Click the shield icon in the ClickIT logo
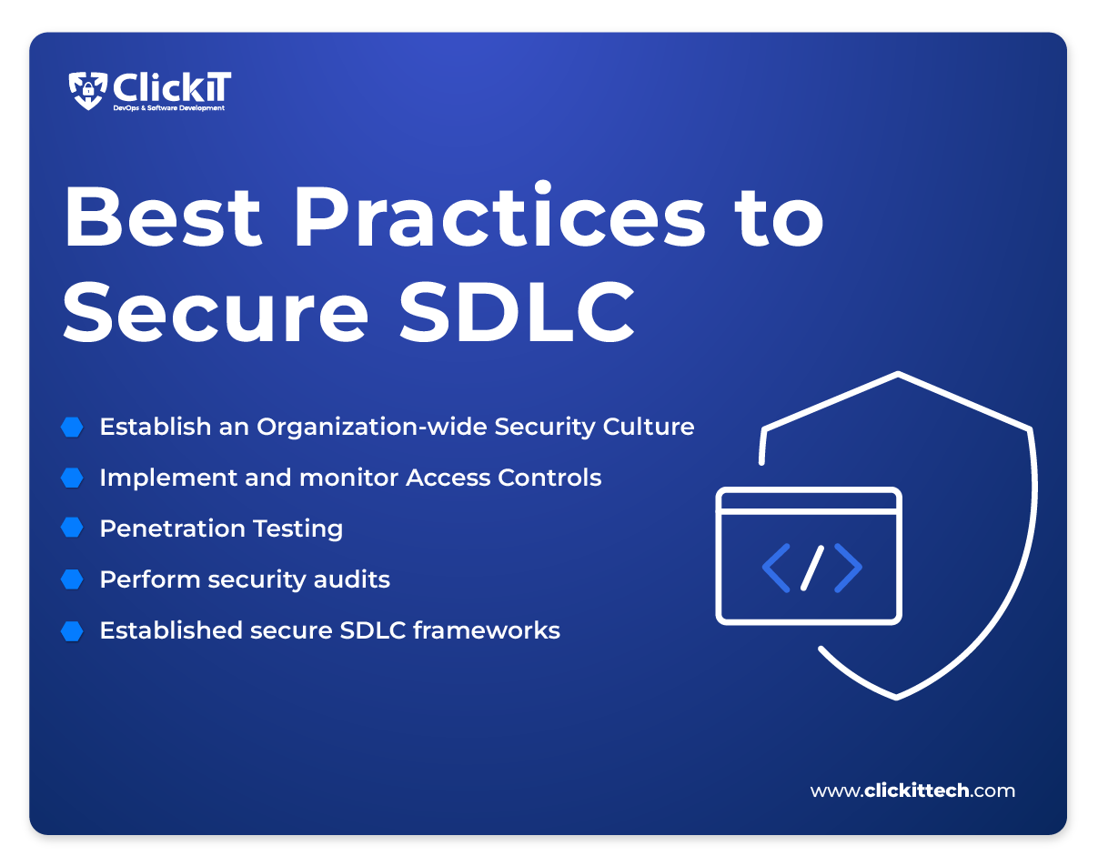(x=87, y=91)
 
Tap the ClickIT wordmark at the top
(x=172, y=86)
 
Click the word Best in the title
(x=163, y=217)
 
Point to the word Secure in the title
(x=216, y=311)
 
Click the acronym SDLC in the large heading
(x=517, y=311)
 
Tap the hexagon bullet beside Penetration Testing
(x=72, y=528)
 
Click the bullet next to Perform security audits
(x=72, y=579)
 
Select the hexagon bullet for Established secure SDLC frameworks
(x=72, y=631)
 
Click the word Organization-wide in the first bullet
(x=371, y=428)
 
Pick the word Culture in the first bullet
(x=649, y=426)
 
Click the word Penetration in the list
(x=173, y=529)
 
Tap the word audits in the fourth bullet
(x=351, y=579)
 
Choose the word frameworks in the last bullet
(x=487, y=630)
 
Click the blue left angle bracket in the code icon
(x=776, y=568)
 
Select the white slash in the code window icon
(x=812, y=568)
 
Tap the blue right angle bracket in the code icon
(x=849, y=568)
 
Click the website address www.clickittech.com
(x=912, y=790)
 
